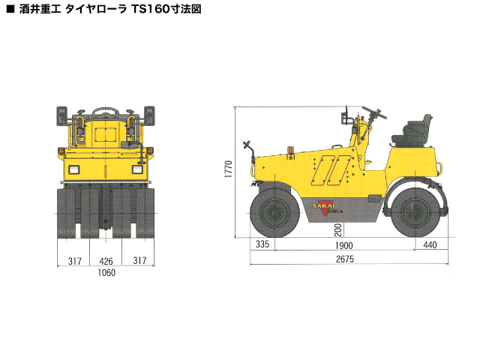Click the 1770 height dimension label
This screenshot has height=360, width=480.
[229, 169]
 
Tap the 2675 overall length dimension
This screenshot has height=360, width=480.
[345, 259]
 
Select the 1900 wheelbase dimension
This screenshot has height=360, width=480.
[343, 245]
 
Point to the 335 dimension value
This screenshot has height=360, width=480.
[262, 244]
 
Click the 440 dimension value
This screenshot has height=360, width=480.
[430, 245]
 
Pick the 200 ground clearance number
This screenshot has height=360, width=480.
[338, 229]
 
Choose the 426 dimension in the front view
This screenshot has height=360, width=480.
[106, 261]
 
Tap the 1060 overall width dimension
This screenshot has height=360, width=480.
[106, 272]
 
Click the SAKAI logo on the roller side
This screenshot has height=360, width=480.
[324, 205]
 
